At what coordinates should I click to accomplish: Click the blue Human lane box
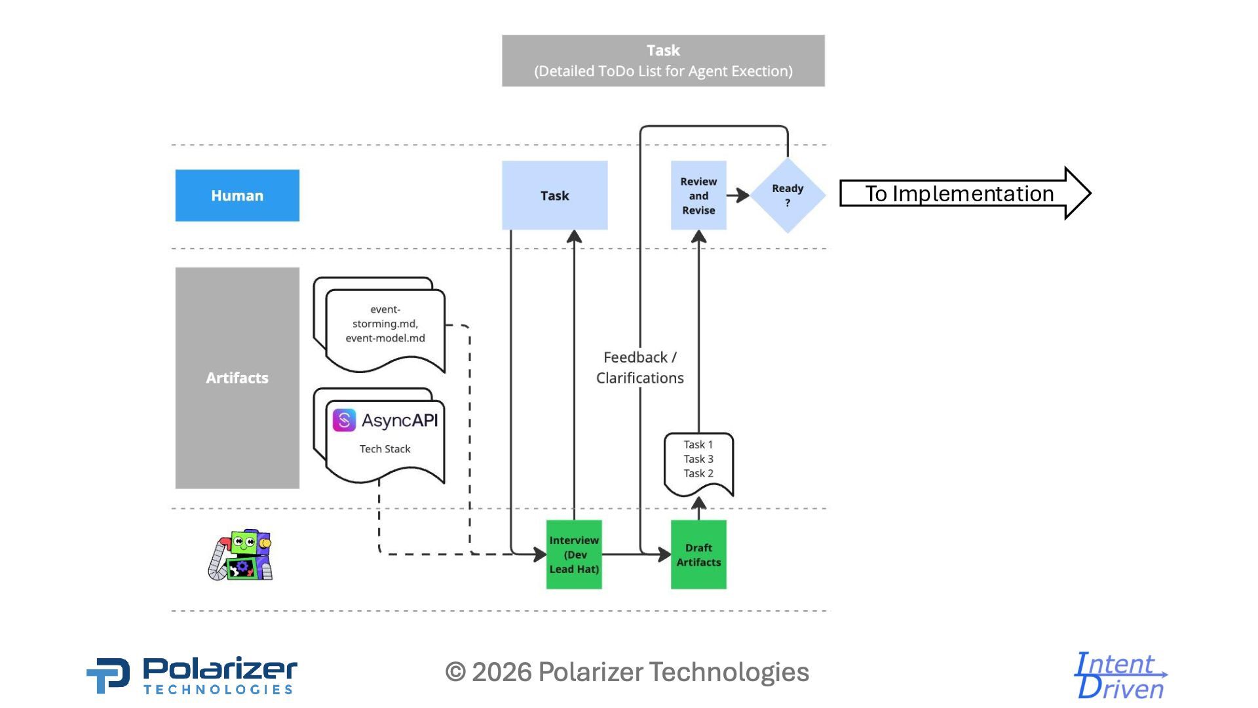[237, 195]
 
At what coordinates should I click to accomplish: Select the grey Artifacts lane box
[237, 378]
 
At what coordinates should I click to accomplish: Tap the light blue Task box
[554, 195]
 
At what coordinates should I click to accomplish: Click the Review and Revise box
[698, 195]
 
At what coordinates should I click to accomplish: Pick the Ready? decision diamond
[788, 195]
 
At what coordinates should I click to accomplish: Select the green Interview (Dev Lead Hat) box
[574, 555]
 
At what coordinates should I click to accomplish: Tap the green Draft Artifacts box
[698, 555]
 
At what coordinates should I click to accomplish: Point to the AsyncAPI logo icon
[344, 420]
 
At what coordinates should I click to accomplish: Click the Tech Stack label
[385, 449]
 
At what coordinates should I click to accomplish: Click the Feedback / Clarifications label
[639, 368]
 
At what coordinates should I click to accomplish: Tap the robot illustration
[240, 555]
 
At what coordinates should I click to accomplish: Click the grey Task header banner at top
[663, 61]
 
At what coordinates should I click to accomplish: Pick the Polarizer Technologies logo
[192, 676]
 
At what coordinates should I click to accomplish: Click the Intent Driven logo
[1120, 676]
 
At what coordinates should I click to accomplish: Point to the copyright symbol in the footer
[455, 673]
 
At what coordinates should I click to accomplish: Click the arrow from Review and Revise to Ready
[738, 195]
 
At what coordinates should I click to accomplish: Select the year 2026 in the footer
[501, 673]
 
